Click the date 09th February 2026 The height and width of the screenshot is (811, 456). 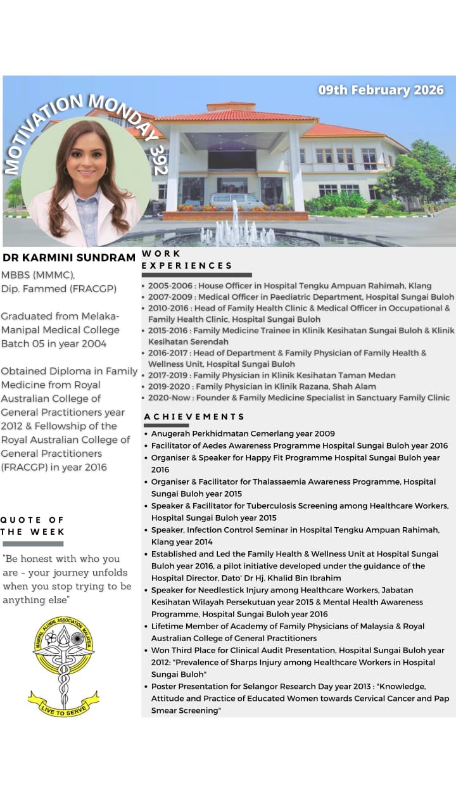(381, 90)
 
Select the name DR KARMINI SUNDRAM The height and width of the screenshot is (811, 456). (69, 258)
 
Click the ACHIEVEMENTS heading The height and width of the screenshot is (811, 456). (194, 416)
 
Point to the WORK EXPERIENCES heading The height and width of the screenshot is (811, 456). (187, 260)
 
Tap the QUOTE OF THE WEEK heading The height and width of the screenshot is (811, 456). (32, 526)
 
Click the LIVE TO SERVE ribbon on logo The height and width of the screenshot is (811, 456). (63, 698)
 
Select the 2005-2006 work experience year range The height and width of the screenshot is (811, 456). (168, 286)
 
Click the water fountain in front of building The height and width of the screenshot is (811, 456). (236, 228)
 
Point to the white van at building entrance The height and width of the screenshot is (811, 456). (236, 200)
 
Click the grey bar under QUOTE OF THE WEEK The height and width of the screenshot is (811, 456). (33, 544)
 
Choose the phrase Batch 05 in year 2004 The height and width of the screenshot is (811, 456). (54, 344)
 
